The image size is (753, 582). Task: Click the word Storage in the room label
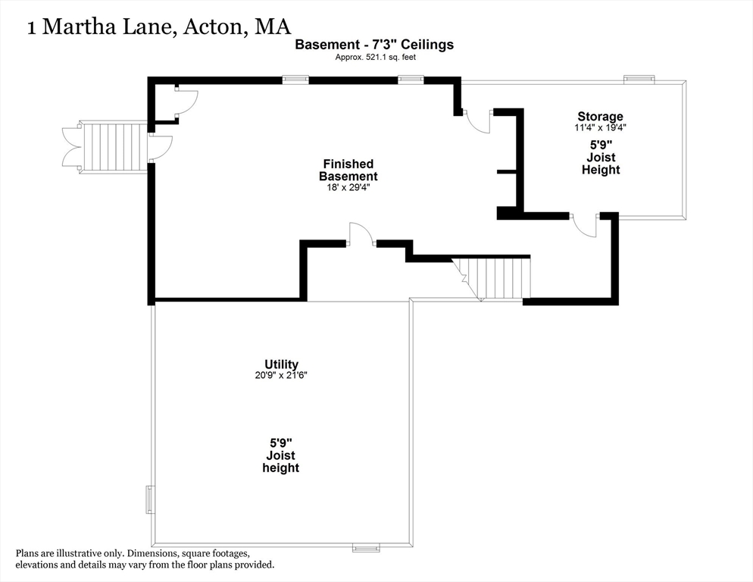pos(600,116)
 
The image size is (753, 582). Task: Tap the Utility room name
pos(281,365)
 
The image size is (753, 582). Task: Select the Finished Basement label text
pos(348,170)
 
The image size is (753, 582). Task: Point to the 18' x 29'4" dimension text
pos(348,187)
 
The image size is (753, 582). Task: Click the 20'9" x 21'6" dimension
pos(281,376)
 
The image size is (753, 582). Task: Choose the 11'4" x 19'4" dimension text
pos(600,128)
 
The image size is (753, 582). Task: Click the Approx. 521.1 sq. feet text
pos(376,57)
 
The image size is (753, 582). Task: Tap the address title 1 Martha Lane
pos(158,27)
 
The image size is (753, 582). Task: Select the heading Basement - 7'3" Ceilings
pos(374,45)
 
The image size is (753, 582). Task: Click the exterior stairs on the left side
pos(113,147)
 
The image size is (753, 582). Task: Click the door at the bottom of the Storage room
pos(584,225)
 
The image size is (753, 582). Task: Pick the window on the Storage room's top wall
pos(639,79)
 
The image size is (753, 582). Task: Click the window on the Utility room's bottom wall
pos(366,547)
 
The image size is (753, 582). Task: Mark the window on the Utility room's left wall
pos(150,500)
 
